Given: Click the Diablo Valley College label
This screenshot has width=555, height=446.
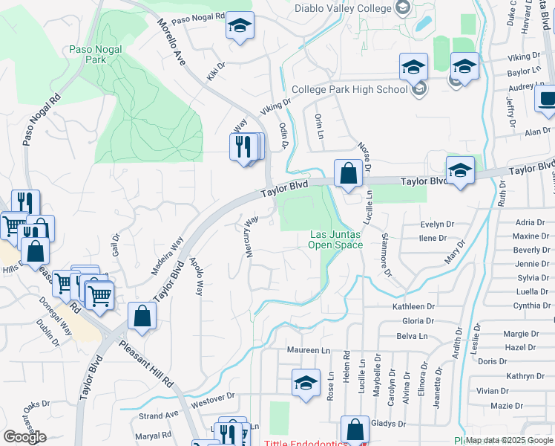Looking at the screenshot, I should pos(342,8).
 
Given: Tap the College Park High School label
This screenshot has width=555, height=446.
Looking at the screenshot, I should pos(349,89).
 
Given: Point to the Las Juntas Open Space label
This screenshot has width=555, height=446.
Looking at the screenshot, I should pos(335,239).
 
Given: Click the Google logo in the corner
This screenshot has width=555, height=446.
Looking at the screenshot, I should pos(24,437).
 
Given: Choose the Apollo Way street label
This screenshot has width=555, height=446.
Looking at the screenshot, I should pos(196,277).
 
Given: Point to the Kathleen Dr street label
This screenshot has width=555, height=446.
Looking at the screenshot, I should pos(413,306).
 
